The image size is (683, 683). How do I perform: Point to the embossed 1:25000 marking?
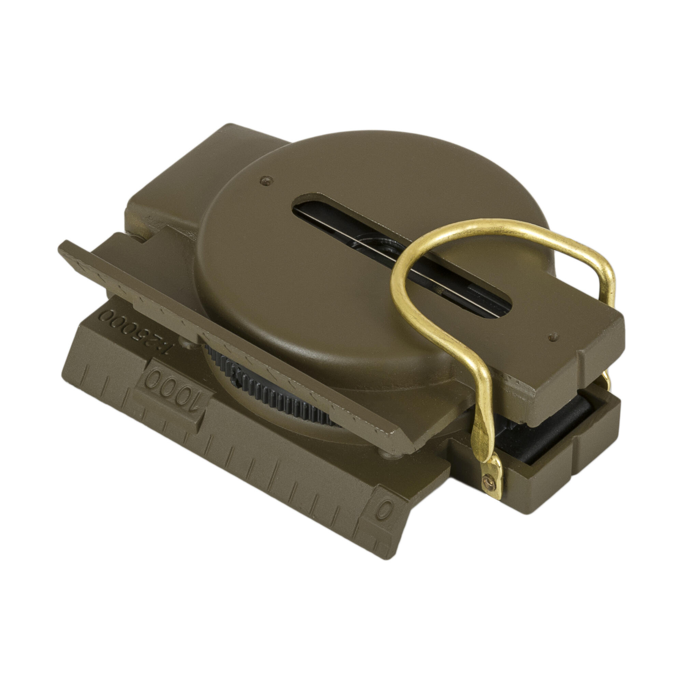[135, 331]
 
